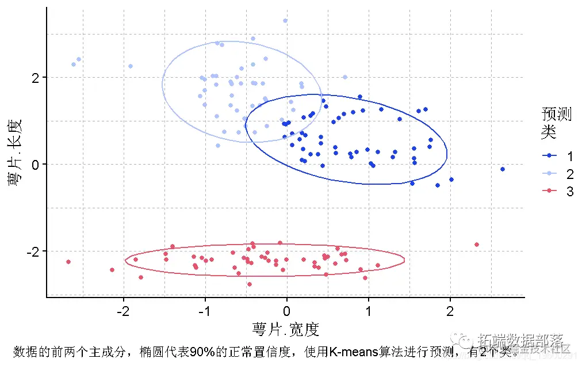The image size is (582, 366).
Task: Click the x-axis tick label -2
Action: pyautogui.click(x=122, y=312)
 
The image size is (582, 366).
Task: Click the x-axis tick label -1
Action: pyautogui.click(x=204, y=312)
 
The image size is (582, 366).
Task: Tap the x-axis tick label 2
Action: pyautogui.click(x=450, y=312)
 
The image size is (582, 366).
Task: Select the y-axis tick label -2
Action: pyautogui.click(x=33, y=251)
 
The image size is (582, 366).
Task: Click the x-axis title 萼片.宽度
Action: pyautogui.click(x=285, y=330)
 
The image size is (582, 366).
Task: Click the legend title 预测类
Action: pyautogui.click(x=556, y=123)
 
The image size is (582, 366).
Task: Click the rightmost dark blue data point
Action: pyautogui.click(x=503, y=169)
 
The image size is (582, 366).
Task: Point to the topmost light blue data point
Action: pyautogui.click(x=285, y=21)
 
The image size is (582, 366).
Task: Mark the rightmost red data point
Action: pyautogui.click(x=477, y=245)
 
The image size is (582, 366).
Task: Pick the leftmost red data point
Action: pyautogui.click(x=68, y=262)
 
